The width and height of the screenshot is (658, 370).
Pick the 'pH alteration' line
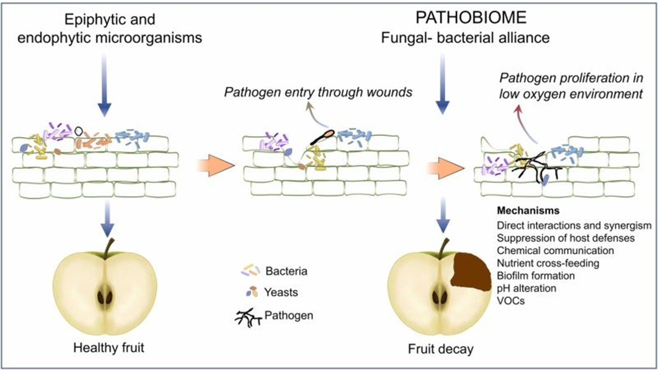coord(527,288)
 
